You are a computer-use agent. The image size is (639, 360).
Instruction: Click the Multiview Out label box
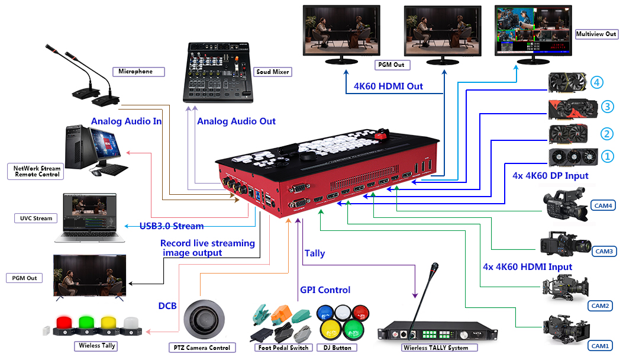(x=596, y=34)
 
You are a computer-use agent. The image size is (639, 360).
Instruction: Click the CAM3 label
(x=604, y=251)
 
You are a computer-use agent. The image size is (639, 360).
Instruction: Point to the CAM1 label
(x=601, y=345)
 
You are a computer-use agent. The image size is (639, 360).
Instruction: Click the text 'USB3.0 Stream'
(x=172, y=226)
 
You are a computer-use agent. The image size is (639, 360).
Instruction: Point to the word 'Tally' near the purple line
(x=315, y=253)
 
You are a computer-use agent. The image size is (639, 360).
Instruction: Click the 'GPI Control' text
(x=325, y=290)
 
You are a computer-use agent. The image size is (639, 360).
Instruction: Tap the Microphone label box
(x=135, y=72)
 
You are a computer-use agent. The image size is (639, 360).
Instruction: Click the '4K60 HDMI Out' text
(x=388, y=86)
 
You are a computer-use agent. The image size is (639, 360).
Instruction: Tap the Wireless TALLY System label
(x=435, y=348)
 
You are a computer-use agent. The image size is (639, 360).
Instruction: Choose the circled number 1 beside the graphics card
(x=607, y=157)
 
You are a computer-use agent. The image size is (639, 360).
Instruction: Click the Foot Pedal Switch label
(x=283, y=348)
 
